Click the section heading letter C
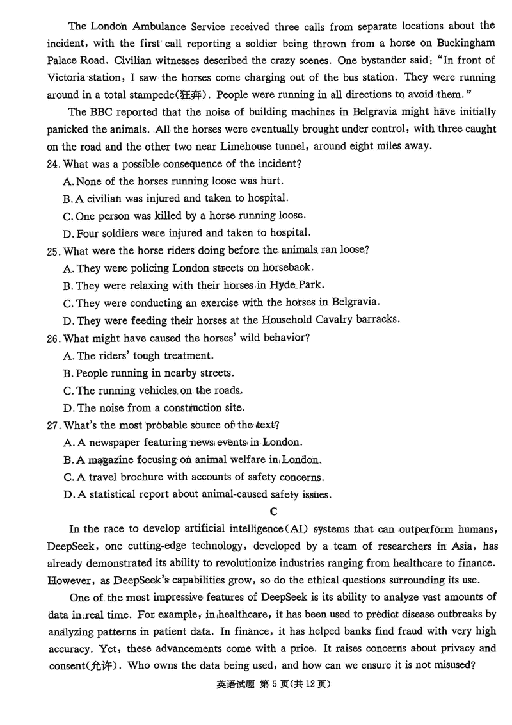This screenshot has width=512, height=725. tap(273, 511)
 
